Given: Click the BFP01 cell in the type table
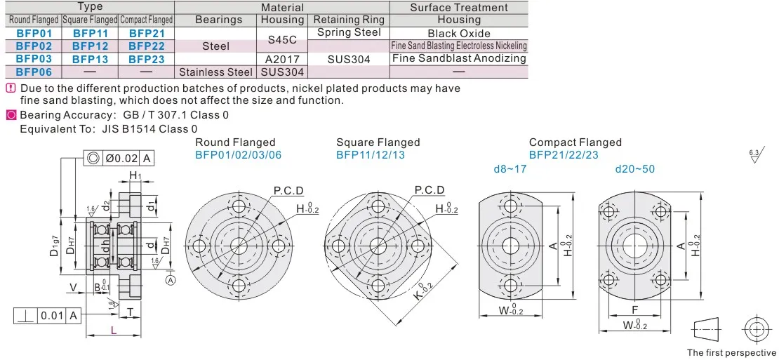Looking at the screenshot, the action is pyautogui.click(x=34, y=34).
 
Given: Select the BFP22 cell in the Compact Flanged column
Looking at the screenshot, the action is pyautogui.click(x=147, y=46).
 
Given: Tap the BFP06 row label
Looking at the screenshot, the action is pyautogui.click(x=34, y=72).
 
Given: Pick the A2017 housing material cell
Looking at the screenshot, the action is pyautogui.click(x=282, y=59).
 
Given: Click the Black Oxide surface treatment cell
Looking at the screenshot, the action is pyautogui.click(x=458, y=34).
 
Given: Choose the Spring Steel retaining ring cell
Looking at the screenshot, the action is pyautogui.click(x=349, y=33).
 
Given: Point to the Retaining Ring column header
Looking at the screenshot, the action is pyautogui.click(x=349, y=20).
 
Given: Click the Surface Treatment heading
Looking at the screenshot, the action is pyautogui.click(x=458, y=8).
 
